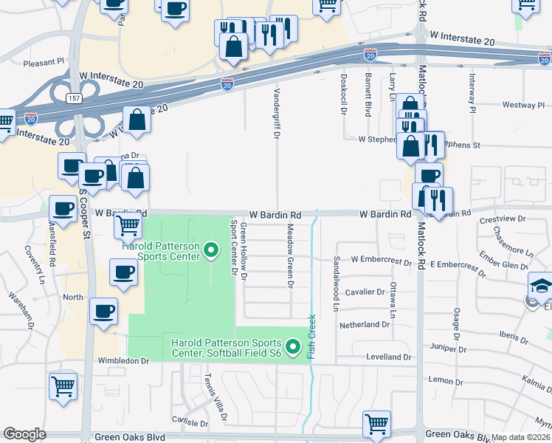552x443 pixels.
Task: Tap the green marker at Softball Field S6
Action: tap(293, 346)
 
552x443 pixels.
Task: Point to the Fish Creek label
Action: tap(312, 337)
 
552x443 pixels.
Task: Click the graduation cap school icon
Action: tap(541, 284)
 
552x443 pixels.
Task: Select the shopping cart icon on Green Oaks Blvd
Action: tap(376, 423)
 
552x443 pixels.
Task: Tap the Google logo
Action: tap(25, 434)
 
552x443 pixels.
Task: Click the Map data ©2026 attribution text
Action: tap(521, 437)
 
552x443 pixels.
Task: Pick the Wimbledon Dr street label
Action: tap(125, 361)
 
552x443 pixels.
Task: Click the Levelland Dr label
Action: tap(389, 357)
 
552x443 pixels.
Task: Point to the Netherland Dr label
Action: tap(364, 324)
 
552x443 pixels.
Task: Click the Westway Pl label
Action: tap(523, 106)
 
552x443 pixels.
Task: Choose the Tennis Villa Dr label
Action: tap(215, 396)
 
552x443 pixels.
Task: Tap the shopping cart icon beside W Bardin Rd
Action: tap(128, 224)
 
